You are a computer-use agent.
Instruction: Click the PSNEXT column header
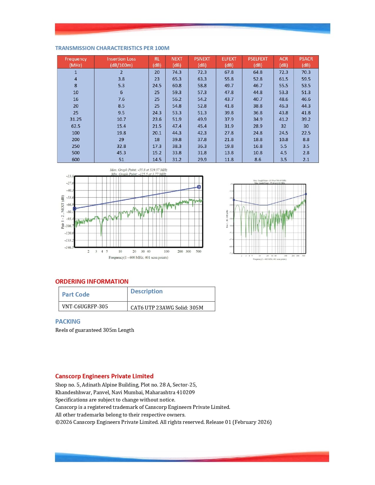click(202, 62)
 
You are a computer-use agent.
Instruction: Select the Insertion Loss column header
click(121, 62)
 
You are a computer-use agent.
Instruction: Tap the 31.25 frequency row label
click(76, 119)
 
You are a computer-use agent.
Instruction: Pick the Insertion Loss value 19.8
click(121, 133)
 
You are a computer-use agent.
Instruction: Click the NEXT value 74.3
click(177, 72)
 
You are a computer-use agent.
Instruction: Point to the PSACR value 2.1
click(306, 159)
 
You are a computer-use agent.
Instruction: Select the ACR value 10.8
click(284, 140)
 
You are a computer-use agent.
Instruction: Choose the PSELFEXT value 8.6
click(258, 159)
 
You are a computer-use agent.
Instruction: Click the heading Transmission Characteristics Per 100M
click(112, 48)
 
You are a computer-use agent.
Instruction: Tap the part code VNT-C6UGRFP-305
click(85, 306)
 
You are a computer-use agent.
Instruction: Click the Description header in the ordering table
click(146, 291)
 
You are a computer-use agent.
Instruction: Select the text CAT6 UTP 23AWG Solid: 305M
click(167, 307)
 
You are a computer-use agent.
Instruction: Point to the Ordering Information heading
click(92, 281)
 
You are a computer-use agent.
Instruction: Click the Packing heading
click(68, 321)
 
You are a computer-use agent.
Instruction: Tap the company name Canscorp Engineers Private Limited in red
click(104, 376)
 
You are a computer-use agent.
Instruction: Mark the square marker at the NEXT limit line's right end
click(199, 187)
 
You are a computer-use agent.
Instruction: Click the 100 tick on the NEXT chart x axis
click(166, 251)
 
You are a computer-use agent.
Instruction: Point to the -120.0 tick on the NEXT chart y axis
click(69, 233)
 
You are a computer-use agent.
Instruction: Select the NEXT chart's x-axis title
click(138, 257)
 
